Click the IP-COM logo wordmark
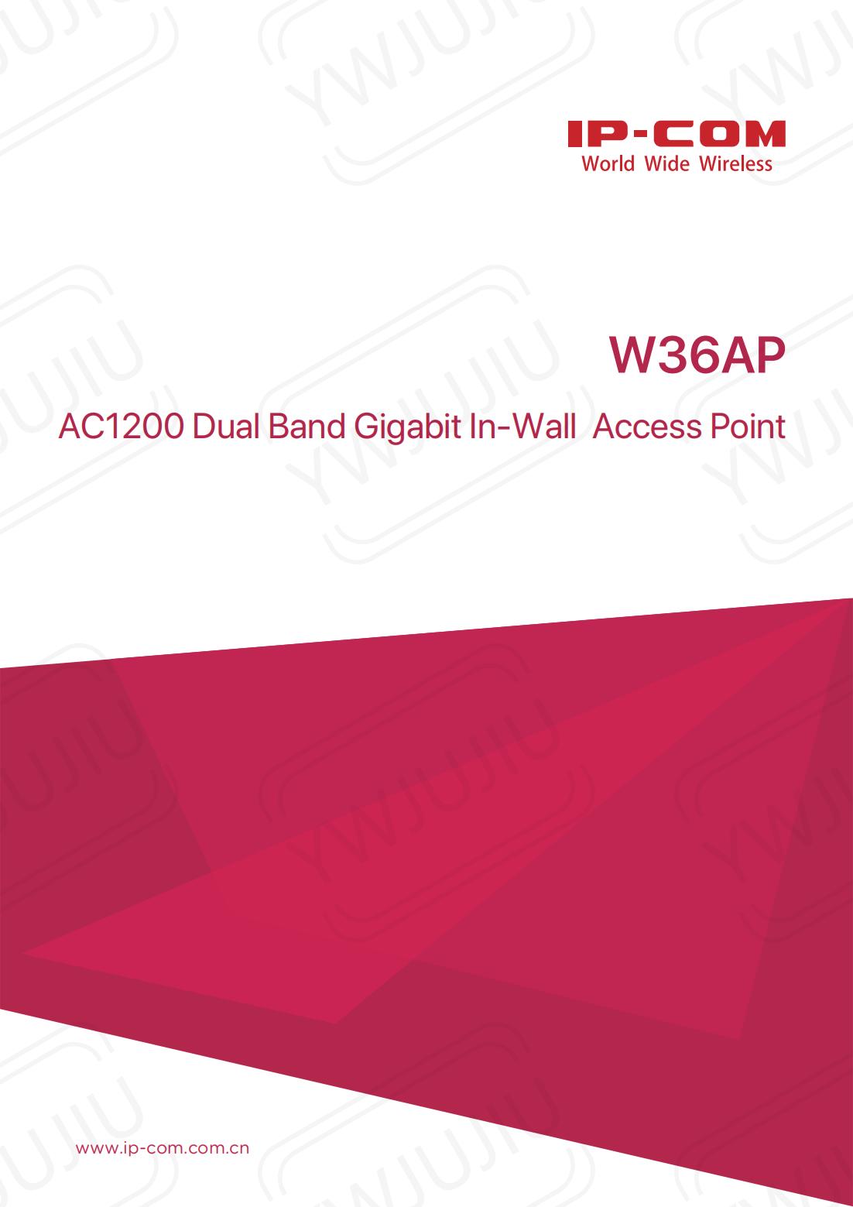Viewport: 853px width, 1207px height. click(x=677, y=135)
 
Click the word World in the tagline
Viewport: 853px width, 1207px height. click(x=608, y=164)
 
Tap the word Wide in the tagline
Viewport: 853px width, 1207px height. click(x=666, y=164)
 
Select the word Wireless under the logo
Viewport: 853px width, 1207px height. click(x=736, y=164)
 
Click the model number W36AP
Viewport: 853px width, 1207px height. click(x=697, y=356)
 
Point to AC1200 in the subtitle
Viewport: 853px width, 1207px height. click(x=122, y=427)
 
